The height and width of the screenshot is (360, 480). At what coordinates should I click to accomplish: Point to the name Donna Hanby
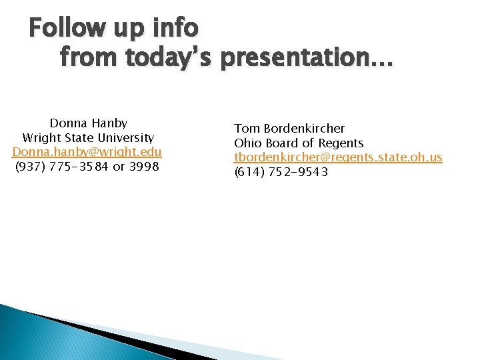tap(88, 123)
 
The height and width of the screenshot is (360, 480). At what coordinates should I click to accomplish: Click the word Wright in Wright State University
tap(42, 138)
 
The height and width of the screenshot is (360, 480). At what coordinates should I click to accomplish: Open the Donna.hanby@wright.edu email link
tap(87, 152)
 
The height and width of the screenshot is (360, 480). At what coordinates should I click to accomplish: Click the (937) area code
tap(30, 167)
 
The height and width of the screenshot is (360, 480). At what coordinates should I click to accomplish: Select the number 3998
tap(144, 167)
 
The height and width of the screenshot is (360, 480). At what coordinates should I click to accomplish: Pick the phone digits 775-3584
tap(79, 167)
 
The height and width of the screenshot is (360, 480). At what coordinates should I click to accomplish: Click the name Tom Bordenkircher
tap(289, 128)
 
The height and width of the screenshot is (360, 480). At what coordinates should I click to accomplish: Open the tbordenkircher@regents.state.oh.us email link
tap(337, 157)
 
